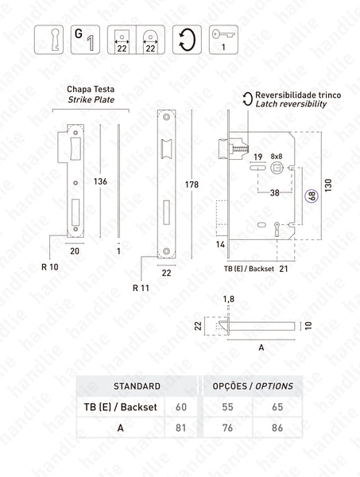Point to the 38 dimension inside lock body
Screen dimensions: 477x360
273,193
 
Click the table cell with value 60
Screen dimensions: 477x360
180,406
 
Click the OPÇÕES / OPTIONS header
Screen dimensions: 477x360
253,386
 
